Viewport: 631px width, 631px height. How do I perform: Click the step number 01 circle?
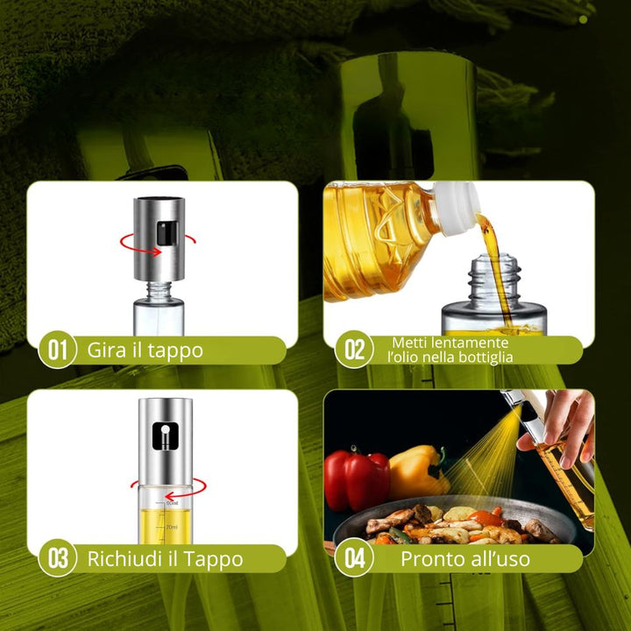(x=57, y=350)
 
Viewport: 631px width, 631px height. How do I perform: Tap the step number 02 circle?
(x=354, y=350)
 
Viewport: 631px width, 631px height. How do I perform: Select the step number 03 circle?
(x=57, y=557)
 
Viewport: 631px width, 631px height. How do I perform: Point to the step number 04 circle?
(x=354, y=557)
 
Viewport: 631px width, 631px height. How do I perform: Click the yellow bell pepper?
(x=419, y=470)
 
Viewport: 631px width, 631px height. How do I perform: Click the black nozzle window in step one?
(x=167, y=233)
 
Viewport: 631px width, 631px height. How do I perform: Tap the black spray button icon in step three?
(x=166, y=436)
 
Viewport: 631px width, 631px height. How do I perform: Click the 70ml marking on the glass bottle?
(x=173, y=527)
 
